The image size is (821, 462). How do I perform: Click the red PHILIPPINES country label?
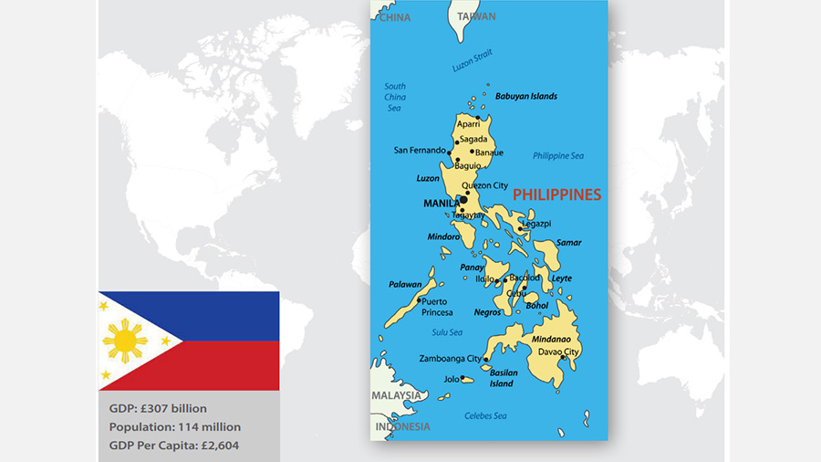(556, 194)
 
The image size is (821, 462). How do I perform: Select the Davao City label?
(558, 352)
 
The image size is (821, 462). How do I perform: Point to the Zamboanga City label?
(450, 359)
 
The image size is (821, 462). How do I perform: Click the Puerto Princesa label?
(437, 307)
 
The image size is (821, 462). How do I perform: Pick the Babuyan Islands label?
(525, 96)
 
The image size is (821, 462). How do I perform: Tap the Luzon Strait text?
(472, 61)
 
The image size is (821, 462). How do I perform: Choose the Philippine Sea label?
(557, 156)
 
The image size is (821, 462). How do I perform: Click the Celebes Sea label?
(485, 416)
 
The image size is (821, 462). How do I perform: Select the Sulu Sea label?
(447, 332)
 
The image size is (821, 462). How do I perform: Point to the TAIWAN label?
(477, 16)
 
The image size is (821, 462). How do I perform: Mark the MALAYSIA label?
(397, 395)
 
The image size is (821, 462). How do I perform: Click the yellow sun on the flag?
(125, 341)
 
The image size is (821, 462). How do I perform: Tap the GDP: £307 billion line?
(158, 408)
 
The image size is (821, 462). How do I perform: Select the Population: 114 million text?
(175, 426)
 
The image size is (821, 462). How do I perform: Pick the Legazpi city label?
(536, 223)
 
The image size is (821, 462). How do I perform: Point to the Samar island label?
(568, 243)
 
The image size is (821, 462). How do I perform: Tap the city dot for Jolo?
(462, 378)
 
